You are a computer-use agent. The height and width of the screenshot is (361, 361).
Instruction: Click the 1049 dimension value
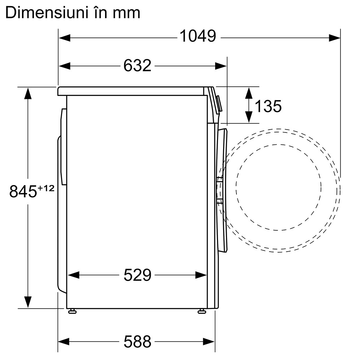coord(197,36)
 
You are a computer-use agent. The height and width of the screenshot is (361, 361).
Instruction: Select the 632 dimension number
coord(137,66)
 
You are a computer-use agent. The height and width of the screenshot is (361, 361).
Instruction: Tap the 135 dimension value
coord(268,106)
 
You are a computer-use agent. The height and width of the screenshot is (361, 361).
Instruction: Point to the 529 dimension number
coord(137,275)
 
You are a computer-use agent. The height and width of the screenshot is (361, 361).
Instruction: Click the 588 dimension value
coord(137,341)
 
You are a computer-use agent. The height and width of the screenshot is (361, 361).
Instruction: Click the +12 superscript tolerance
coord(46,188)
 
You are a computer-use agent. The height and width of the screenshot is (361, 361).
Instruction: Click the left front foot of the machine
coord(72,311)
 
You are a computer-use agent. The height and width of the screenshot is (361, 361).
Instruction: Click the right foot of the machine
coord(202,311)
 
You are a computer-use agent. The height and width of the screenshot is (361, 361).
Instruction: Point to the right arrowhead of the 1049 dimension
coord(335,37)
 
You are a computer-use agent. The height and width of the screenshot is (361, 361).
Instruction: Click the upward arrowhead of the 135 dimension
coord(249,93)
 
